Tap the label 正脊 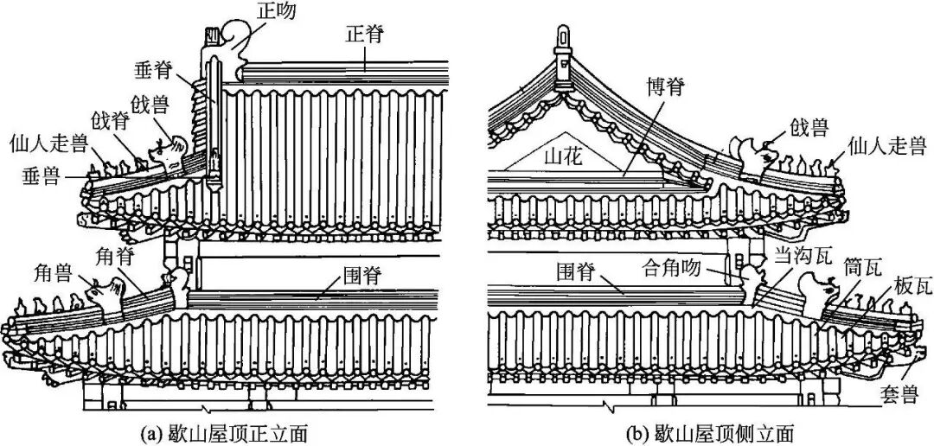(362, 35)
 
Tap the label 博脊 (666, 87)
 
